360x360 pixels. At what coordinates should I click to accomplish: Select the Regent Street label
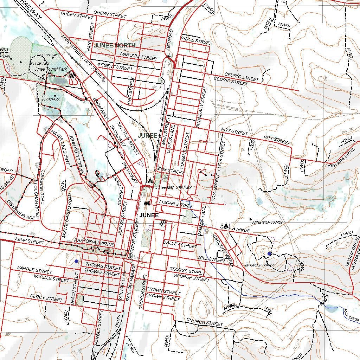(x=116, y=66)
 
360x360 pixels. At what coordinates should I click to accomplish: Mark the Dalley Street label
(x=180, y=245)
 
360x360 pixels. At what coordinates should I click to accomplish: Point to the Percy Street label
(x=46, y=298)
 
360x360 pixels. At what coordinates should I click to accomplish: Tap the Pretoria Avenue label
(x=95, y=242)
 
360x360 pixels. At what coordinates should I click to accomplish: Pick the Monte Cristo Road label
(x=67, y=215)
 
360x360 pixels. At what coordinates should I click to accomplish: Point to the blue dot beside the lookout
(x=269, y=253)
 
